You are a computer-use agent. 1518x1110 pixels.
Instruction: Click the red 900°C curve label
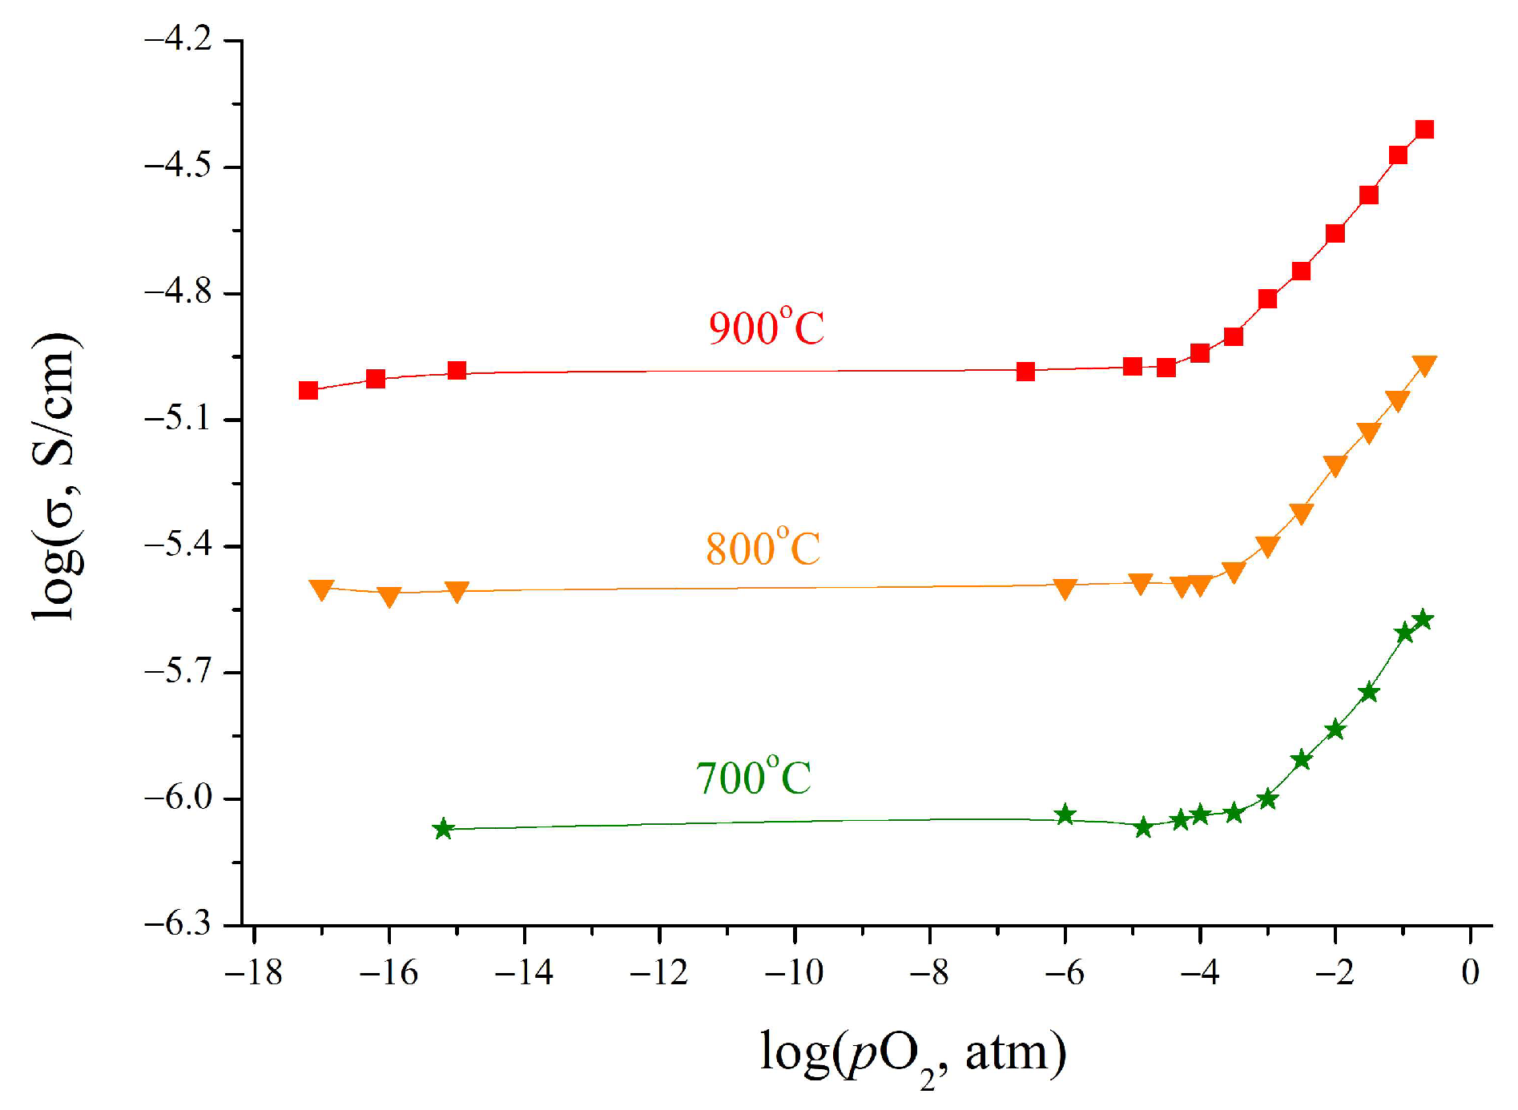(x=766, y=328)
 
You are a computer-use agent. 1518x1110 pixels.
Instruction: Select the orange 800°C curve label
(x=763, y=549)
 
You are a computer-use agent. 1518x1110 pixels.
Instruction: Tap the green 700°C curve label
(x=753, y=778)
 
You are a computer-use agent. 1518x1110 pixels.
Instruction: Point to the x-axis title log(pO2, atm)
(x=912, y=1052)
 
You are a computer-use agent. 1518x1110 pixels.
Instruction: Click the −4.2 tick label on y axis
(x=178, y=40)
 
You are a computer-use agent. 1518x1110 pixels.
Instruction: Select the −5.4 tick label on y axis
(x=178, y=546)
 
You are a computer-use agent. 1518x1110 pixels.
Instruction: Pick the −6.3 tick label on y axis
(x=178, y=924)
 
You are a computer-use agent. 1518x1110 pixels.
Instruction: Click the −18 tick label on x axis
(x=253, y=972)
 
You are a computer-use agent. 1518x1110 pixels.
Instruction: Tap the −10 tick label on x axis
(x=794, y=972)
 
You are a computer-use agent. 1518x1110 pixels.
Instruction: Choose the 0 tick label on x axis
(x=1470, y=972)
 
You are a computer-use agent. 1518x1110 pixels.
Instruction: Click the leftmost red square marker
(x=308, y=390)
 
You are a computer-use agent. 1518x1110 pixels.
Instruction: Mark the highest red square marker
(x=1424, y=130)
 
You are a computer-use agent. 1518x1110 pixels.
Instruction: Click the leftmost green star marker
(x=443, y=829)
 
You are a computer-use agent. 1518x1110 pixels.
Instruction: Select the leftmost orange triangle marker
(x=321, y=589)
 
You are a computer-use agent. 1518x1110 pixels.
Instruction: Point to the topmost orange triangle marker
(x=1424, y=364)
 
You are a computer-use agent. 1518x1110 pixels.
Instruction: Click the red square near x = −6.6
(x=1025, y=372)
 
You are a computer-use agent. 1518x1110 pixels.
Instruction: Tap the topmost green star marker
(x=1423, y=619)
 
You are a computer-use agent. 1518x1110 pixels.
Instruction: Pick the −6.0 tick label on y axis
(x=178, y=798)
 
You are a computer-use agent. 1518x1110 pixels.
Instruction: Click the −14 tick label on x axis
(x=524, y=972)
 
